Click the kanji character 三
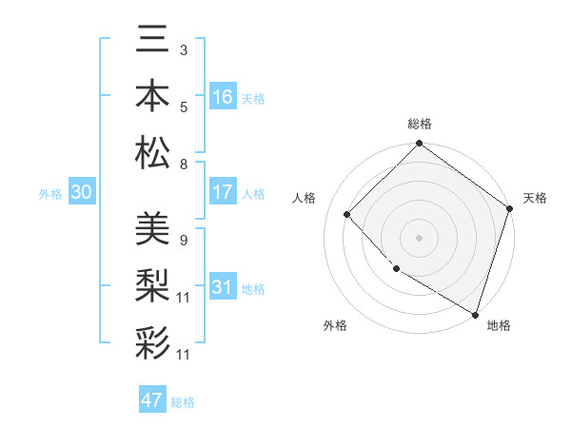coord(153,39)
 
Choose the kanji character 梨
coord(153,284)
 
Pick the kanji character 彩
coord(153,341)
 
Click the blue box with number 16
coord(222,97)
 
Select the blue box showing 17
coord(222,192)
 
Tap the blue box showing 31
coord(222,287)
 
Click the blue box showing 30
coord(82,192)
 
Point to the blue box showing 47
coord(152,400)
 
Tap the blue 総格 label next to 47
coord(183,402)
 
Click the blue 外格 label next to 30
coord(50,194)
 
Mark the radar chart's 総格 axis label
coord(419,124)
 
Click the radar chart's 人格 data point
coord(347,214)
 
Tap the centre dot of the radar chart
coord(419,237)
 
